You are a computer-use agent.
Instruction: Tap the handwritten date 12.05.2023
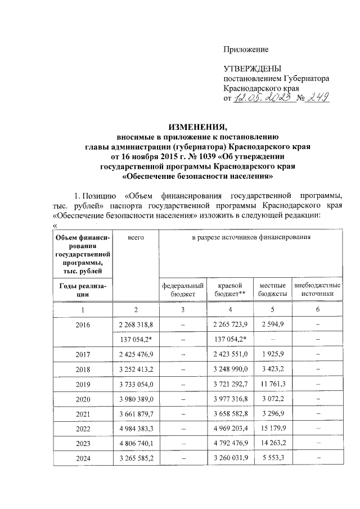click(263, 99)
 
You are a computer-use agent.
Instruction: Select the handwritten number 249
click(317, 99)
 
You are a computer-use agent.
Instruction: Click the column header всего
click(136, 238)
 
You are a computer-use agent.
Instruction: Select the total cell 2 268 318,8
click(136, 324)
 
